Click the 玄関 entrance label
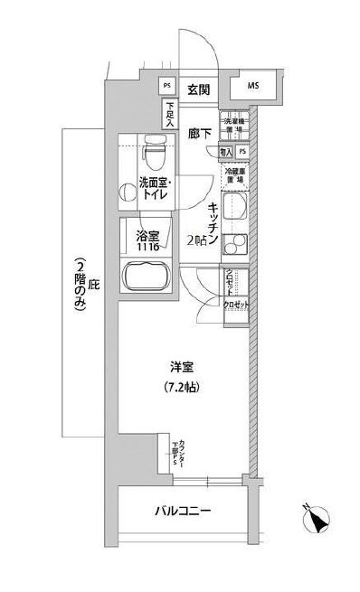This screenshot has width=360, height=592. click(x=199, y=89)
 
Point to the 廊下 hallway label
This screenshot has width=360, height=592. click(x=199, y=134)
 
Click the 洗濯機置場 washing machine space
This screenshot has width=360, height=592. click(x=232, y=126)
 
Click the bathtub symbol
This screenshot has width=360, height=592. click(x=147, y=274)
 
